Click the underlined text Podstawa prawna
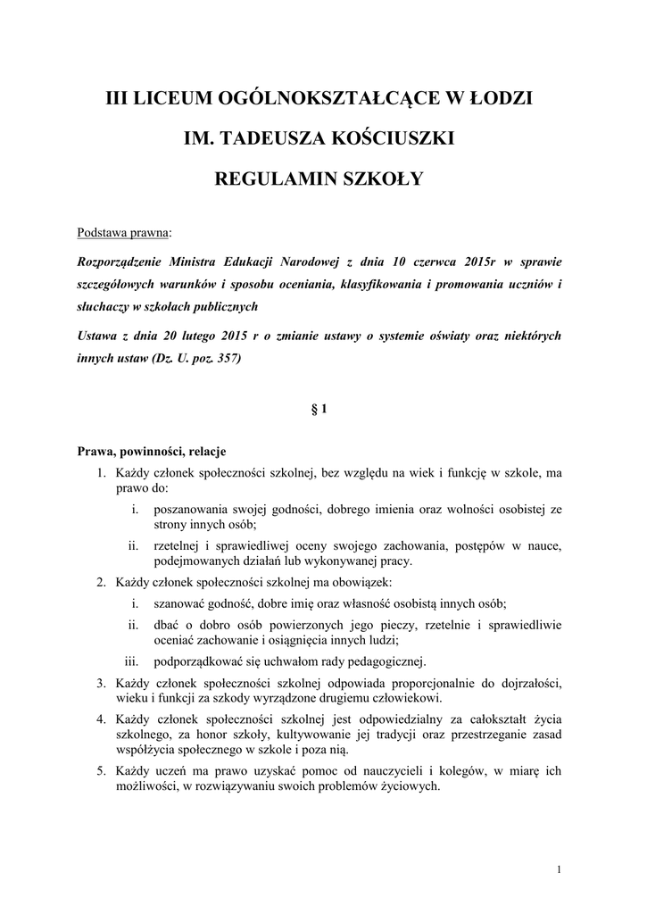click(x=123, y=233)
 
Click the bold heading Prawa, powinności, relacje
click(x=157, y=452)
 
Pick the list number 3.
click(x=101, y=684)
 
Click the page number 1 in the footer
click(x=558, y=869)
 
